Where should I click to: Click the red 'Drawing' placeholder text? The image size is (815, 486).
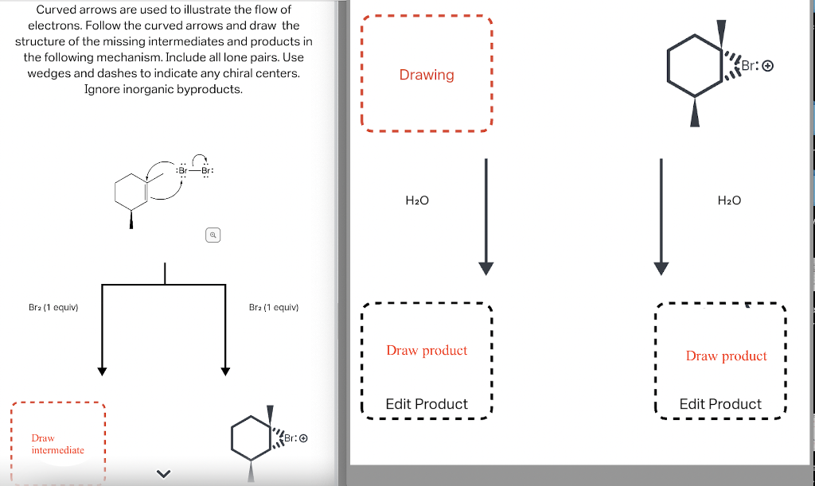pyautogui.click(x=427, y=75)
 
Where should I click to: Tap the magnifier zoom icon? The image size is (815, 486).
pyautogui.click(x=213, y=235)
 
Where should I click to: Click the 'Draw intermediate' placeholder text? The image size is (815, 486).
pyautogui.click(x=57, y=444)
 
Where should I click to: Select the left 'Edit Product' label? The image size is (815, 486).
pyautogui.click(x=427, y=404)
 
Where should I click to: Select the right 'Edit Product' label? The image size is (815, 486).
pyautogui.click(x=720, y=404)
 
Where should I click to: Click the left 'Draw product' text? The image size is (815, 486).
pyautogui.click(x=427, y=350)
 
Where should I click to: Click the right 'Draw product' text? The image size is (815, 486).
pyautogui.click(x=726, y=356)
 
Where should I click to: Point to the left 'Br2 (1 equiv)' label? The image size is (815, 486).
pyautogui.click(x=53, y=307)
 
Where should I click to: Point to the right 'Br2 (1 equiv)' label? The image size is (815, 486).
pyautogui.click(x=273, y=307)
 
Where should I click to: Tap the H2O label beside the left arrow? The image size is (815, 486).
pyautogui.click(x=417, y=200)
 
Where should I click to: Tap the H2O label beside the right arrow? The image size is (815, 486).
pyautogui.click(x=729, y=200)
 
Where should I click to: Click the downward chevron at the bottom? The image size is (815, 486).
pyautogui.click(x=163, y=475)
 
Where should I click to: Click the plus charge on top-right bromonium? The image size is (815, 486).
pyautogui.click(x=767, y=66)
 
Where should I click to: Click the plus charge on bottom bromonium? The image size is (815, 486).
pyautogui.click(x=302, y=437)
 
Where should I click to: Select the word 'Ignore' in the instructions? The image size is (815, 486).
pyautogui.click(x=103, y=89)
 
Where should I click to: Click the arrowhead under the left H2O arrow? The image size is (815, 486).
pyautogui.click(x=485, y=268)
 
